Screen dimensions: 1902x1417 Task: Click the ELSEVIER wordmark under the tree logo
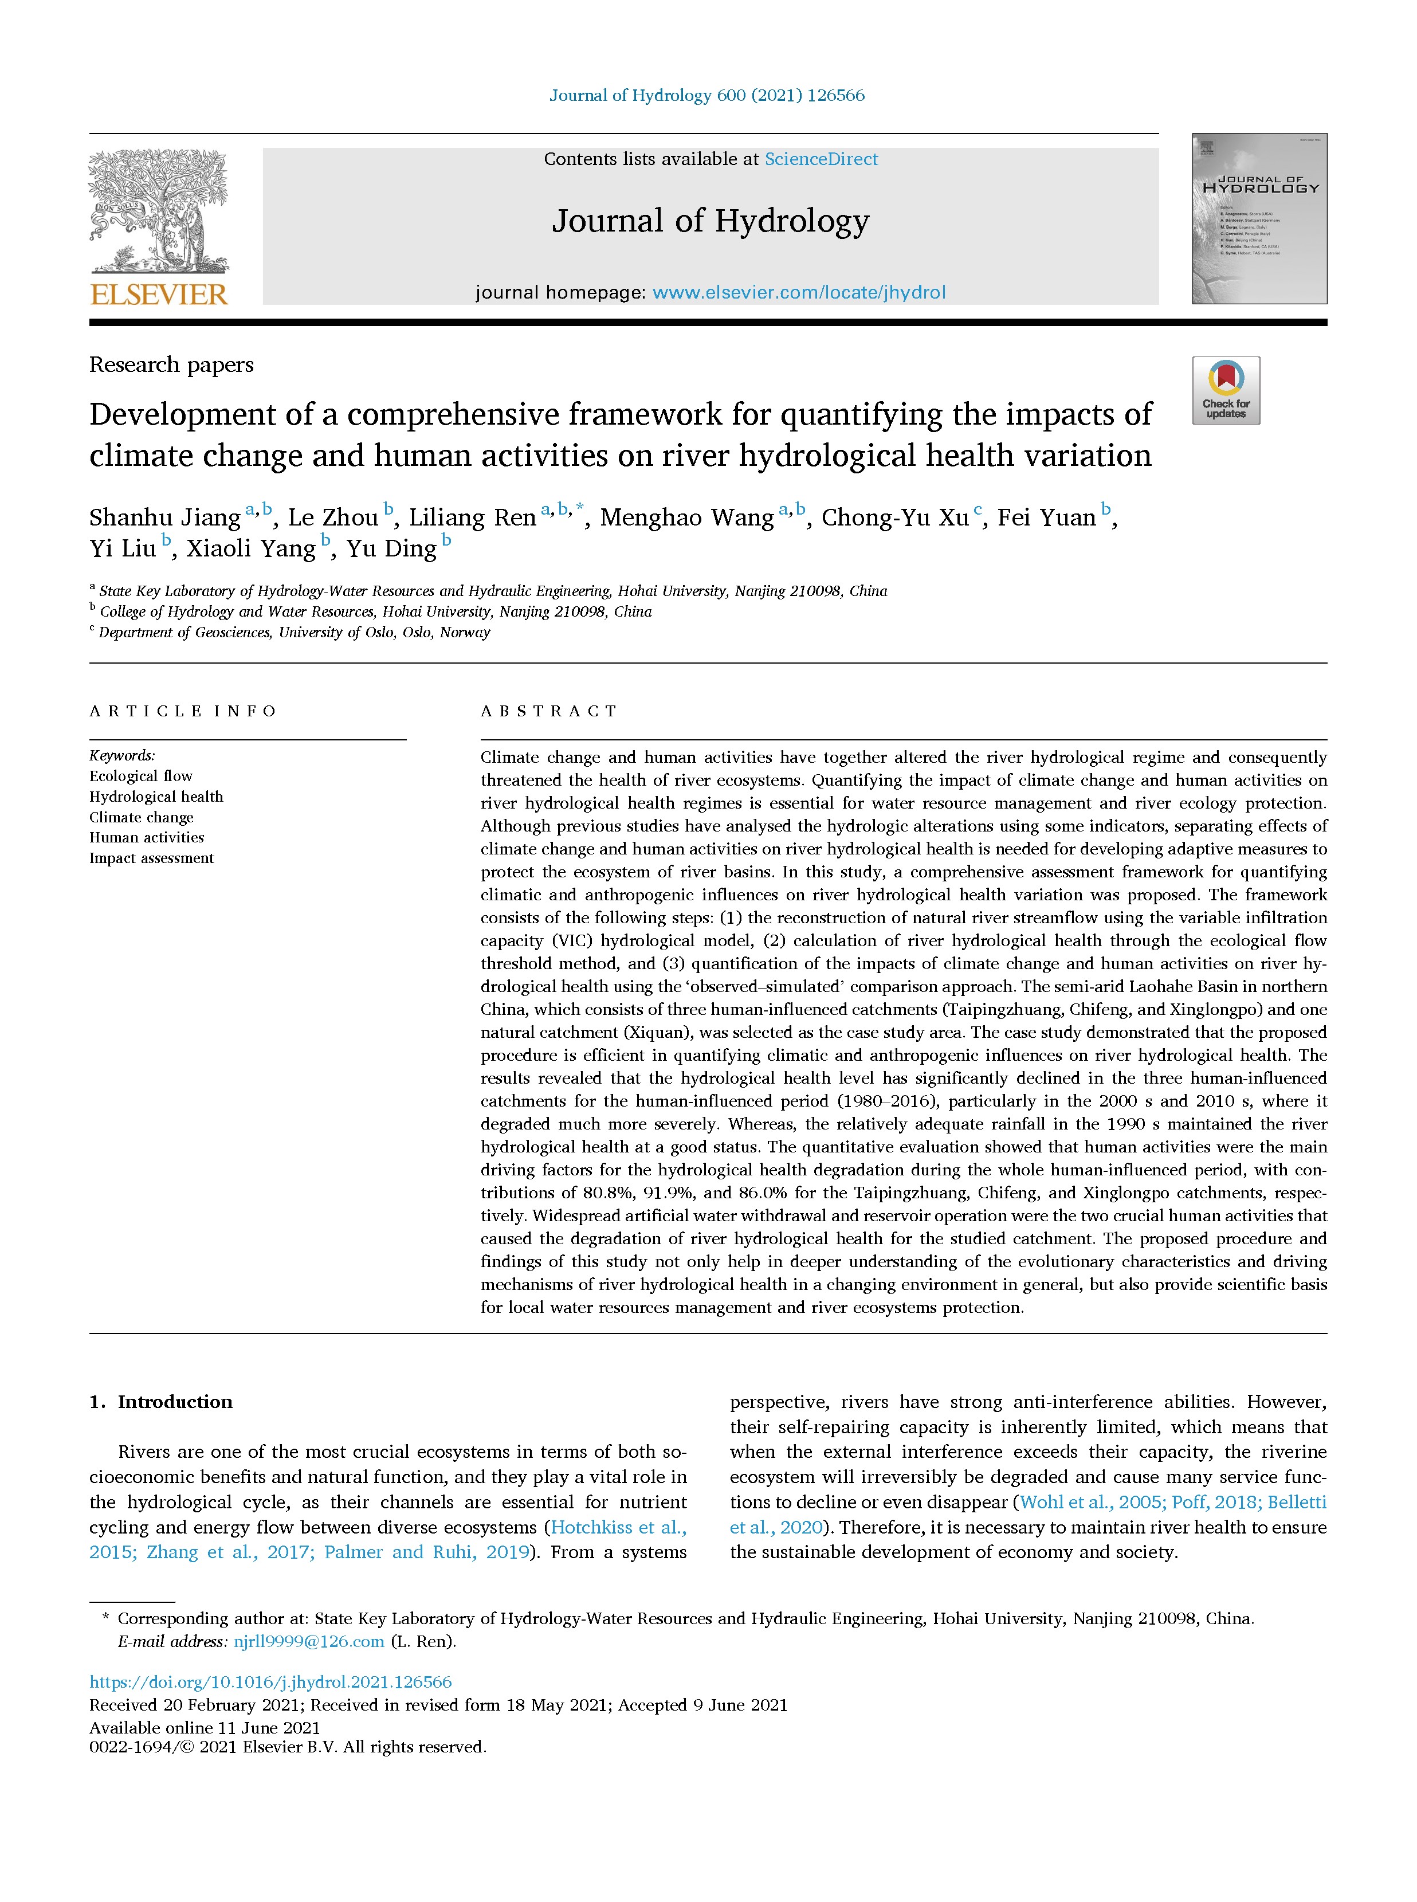click(159, 295)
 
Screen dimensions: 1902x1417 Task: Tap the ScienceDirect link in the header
click(821, 159)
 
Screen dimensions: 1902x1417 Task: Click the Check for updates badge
click(1226, 390)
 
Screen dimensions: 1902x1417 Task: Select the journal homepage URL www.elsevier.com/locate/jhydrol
click(799, 293)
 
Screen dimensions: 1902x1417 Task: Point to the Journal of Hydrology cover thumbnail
click(1258, 219)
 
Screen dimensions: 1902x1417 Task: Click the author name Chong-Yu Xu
click(894, 517)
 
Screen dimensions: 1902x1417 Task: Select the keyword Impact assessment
click(152, 858)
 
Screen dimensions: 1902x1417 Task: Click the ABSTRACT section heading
click(549, 711)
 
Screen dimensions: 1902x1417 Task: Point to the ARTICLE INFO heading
click(183, 711)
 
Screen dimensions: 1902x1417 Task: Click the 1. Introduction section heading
click(161, 1401)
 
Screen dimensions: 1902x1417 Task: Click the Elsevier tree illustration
click(159, 210)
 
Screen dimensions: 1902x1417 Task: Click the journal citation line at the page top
click(707, 95)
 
